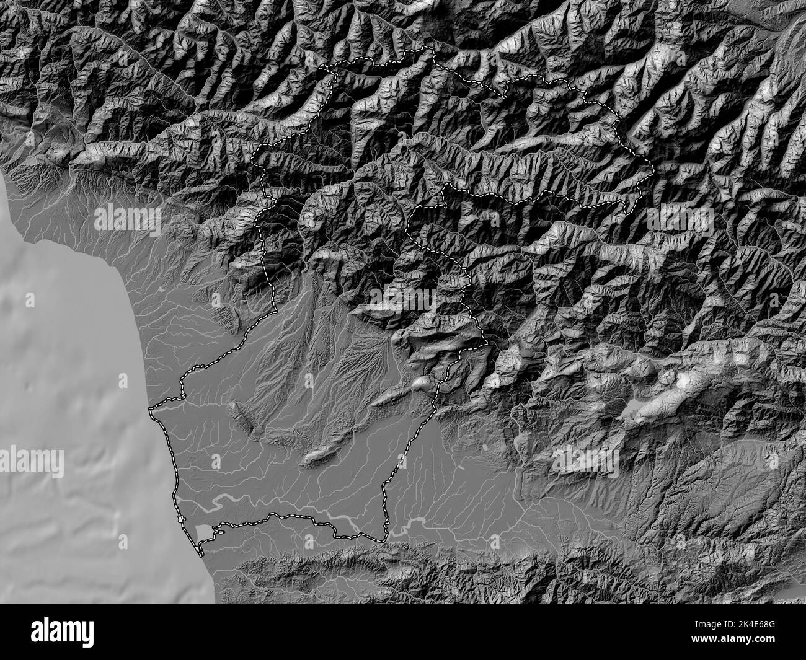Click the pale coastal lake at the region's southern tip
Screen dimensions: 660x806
pyautogui.click(x=204, y=532)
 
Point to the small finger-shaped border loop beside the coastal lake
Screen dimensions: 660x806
pyautogui.click(x=218, y=529)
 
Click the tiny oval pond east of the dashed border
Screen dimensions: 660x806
pyautogui.click(x=484, y=446)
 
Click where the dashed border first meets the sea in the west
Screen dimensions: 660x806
pyautogui.click(x=151, y=410)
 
